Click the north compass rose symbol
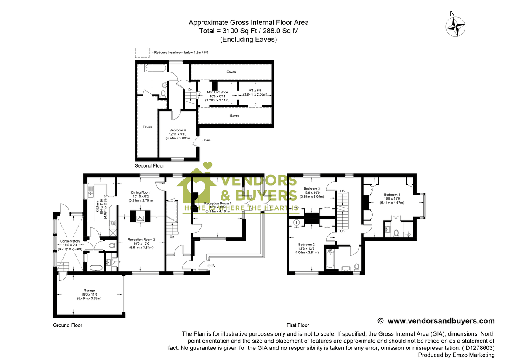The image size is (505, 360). pos(455,28)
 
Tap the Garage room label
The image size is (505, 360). pos(89,290)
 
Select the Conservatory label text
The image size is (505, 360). pos(70,241)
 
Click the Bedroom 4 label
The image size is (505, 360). pos(178,130)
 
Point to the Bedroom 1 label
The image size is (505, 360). pos(393,195)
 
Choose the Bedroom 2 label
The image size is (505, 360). pos(306,245)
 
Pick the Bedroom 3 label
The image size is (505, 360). pos(311,189)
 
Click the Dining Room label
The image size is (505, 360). pos(141,192)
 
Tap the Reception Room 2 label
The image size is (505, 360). pos(141,240)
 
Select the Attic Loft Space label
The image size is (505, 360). pos(217,92)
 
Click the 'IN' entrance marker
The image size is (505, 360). pos(213,266)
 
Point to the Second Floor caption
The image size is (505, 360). pos(149,166)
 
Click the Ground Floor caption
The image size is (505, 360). pos(68,325)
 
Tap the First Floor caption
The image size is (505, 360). pos(298,325)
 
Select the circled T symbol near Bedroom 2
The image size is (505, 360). pos(297,222)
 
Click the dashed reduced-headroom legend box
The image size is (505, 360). pos(142,53)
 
